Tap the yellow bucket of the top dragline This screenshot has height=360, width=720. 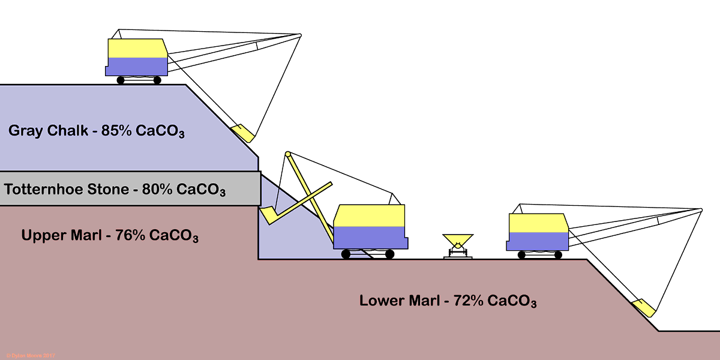pyautogui.click(x=242, y=133)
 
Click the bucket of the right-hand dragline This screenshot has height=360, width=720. pyautogui.click(x=643, y=307)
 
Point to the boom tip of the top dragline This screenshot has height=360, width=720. pyautogui.click(x=299, y=35)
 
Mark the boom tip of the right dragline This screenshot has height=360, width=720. pyautogui.click(x=700, y=209)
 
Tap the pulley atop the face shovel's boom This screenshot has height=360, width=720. pyautogui.click(x=289, y=154)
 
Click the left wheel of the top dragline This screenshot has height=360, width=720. pyautogui.click(x=121, y=80)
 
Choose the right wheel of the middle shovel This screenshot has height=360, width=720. pyautogui.click(x=389, y=254)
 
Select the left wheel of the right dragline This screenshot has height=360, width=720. pyautogui.click(x=522, y=255)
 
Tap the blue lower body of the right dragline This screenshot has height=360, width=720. pyautogui.click(x=537, y=241)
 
